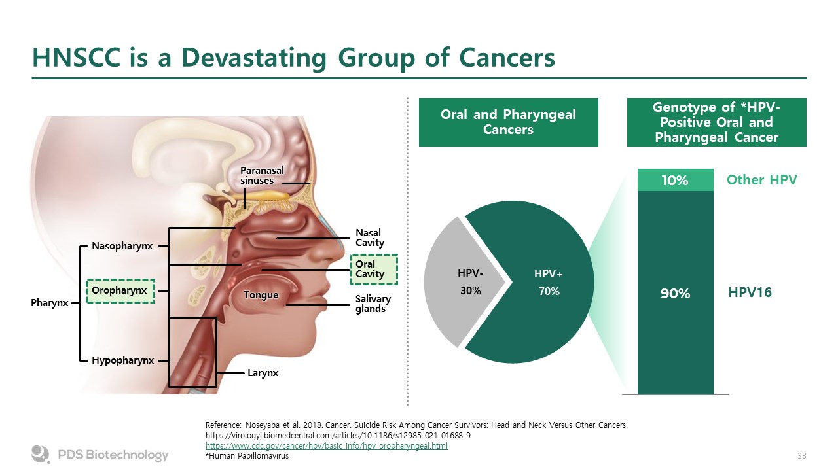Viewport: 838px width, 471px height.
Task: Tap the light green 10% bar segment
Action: coord(675,180)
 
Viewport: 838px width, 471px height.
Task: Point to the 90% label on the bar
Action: coord(675,294)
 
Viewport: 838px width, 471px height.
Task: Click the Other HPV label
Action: coord(761,180)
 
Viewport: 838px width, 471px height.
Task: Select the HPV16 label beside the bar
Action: coord(750,292)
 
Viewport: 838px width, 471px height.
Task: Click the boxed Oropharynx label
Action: coord(120,291)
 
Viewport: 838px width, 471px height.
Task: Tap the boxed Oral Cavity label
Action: coord(374,269)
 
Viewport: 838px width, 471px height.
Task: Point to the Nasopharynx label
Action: coord(122,246)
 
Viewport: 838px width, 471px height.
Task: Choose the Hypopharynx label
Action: coord(122,360)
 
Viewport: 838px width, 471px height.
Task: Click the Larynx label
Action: coord(263,373)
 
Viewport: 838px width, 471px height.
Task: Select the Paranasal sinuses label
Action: coord(262,175)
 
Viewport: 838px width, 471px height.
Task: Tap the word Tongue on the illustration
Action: coord(261,295)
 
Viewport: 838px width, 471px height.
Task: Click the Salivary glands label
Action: coord(373,304)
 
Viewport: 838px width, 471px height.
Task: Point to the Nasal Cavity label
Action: coord(370,237)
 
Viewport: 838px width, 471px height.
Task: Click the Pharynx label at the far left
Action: coord(49,303)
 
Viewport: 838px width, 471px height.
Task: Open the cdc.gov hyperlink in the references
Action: coord(327,445)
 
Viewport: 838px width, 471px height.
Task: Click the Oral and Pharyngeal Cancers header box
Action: coord(509,122)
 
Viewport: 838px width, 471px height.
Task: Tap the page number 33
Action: coord(802,456)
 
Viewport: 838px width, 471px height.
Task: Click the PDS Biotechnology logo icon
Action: coord(41,454)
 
